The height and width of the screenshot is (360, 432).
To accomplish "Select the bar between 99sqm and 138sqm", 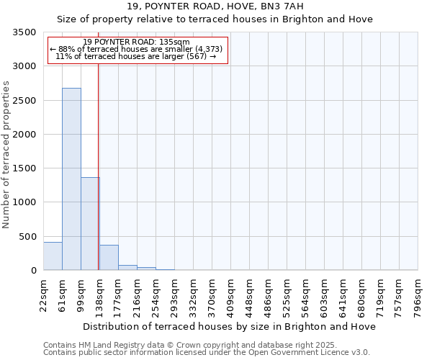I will (89, 223).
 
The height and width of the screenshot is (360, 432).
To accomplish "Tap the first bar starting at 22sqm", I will (53, 256).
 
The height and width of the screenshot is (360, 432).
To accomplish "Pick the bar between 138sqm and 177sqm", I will (109, 258).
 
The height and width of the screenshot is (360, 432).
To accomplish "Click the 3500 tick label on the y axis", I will (23, 32).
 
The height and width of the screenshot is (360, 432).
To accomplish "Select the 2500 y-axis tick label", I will (23, 101).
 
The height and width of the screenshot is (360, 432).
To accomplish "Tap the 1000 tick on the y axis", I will (23, 202).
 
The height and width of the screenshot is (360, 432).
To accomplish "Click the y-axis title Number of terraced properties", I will (6, 155).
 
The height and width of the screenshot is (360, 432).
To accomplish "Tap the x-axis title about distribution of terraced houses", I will (229, 326).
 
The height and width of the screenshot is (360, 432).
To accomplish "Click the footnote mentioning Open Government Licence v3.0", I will (206, 353).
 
